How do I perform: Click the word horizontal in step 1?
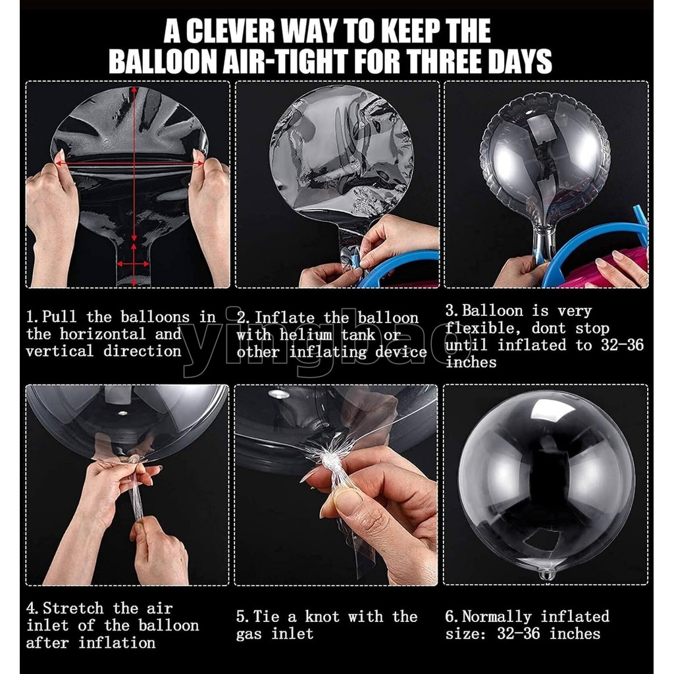point(103,334)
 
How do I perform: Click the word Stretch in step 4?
point(73,608)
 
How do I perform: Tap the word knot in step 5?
point(323,617)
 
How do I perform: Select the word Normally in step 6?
point(497,617)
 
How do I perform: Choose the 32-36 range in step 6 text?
point(519,634)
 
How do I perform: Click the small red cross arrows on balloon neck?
point(134,264)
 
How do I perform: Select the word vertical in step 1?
point(59,351)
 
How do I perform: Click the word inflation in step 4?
point(117,642)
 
